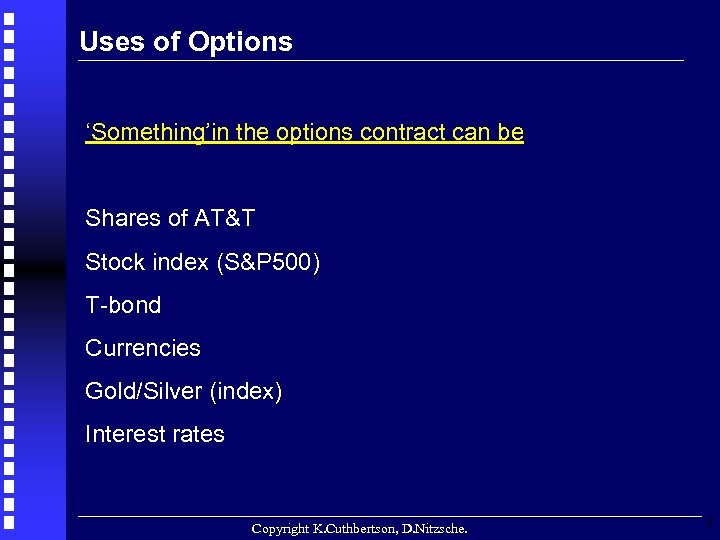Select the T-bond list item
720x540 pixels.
click(x=123, y=305)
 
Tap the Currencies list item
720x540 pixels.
click(x=143, y=348)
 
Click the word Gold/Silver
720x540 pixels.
click(x=144, y=391)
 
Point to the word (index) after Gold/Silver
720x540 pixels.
click(x=246, y=391)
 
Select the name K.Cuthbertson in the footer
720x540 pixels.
click(x=355, y=527)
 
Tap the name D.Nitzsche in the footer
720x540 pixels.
click(x=433, y=527)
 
